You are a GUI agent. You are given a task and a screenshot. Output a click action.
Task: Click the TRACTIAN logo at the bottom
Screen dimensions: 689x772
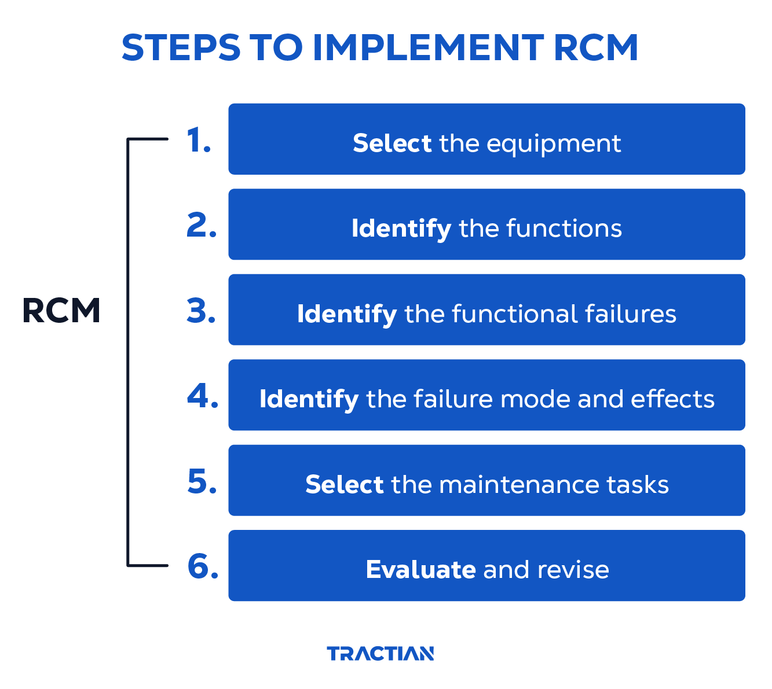tap(380, 654)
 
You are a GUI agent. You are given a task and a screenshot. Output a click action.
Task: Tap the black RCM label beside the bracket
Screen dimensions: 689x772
tap(61, 311)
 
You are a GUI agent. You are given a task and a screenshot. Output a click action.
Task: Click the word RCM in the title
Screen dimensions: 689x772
tap(595, 47)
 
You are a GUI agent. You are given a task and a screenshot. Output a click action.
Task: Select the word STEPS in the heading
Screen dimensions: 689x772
tap(181, 47)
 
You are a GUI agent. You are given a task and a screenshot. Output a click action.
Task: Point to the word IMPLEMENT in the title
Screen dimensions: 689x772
tap(427, 47)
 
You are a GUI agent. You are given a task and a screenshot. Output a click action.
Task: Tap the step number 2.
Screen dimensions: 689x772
tap(202, 226)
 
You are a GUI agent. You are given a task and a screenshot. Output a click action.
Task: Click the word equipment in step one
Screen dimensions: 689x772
tap(554, 144)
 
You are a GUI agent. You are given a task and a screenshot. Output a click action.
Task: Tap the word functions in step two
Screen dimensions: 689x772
tap(564, 229)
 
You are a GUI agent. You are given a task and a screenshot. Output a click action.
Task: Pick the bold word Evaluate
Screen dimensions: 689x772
tap(420, 570)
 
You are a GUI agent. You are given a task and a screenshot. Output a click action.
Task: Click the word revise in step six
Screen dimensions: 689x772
tap(573, 570)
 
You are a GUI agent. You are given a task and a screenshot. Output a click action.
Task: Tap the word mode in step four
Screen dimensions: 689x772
tap(535, 399)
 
